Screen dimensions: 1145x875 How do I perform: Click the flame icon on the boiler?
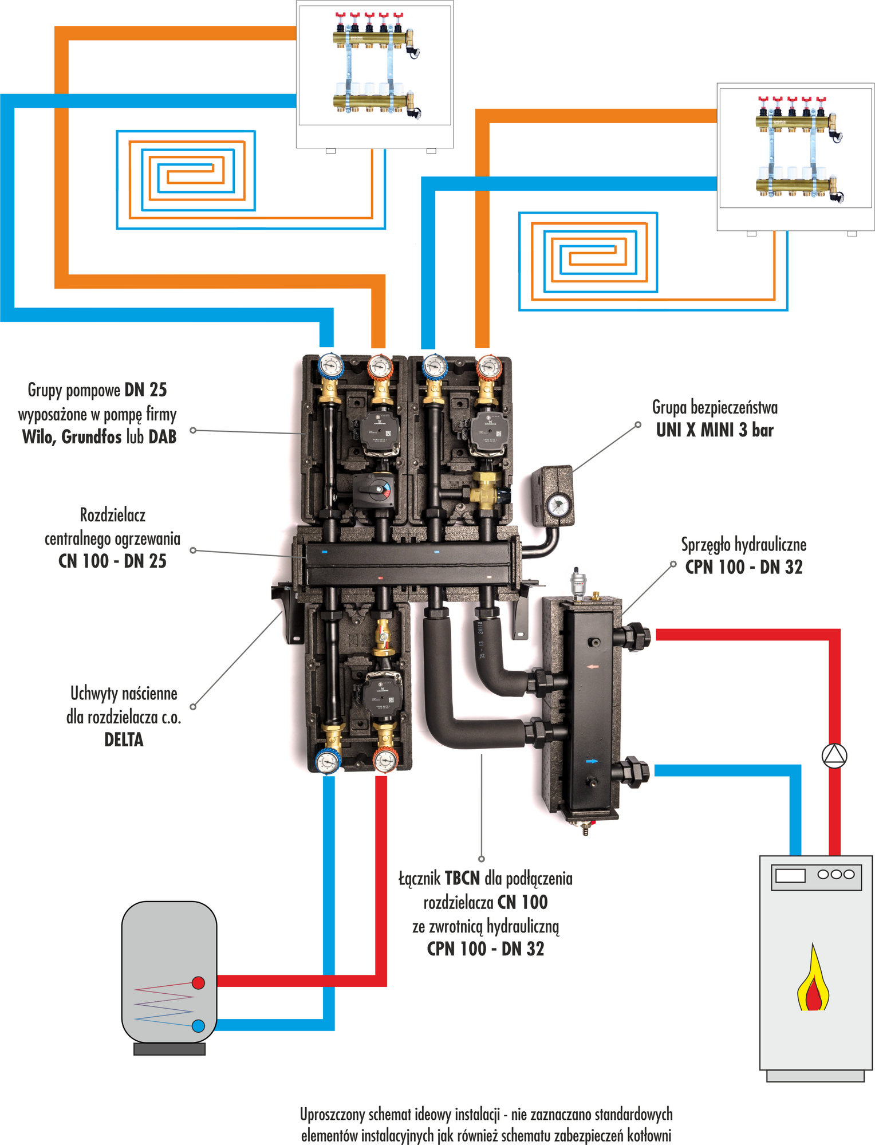813,980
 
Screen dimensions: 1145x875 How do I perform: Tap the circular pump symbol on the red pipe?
834,756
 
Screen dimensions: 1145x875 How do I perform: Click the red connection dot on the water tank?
198,983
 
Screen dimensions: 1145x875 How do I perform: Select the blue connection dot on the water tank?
198,1026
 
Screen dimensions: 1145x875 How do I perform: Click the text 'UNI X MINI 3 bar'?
715,430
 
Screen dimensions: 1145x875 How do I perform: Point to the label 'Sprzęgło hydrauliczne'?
743,544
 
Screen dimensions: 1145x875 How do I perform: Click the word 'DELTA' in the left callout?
124,739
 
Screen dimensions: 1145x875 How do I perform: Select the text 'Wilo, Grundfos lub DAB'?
99,437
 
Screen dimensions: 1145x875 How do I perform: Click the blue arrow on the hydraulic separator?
592,761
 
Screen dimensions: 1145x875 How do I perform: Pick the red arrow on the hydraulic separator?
592,666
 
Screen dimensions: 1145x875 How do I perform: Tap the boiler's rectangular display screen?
790,875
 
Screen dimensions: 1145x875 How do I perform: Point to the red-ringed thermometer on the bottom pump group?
385,761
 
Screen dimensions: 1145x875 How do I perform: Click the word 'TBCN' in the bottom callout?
462,878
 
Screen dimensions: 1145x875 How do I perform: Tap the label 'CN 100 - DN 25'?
112,561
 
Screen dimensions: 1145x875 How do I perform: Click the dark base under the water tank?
169,1049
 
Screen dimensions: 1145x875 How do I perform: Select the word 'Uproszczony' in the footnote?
333,1114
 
